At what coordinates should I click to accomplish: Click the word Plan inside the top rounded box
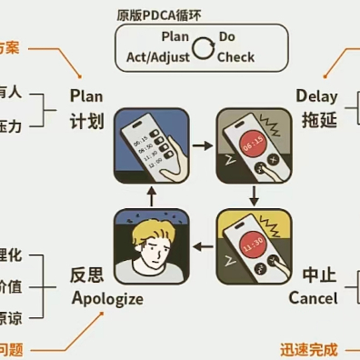175,37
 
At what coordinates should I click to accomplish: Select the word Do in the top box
227,37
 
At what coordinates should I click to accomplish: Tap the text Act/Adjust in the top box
152,57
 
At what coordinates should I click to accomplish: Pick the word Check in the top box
236,57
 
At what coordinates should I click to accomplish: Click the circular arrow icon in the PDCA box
203,48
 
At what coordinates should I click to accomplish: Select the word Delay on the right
316,96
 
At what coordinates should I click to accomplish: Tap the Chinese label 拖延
316,121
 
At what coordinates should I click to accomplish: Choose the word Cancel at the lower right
313,297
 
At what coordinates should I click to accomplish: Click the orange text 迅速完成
308,348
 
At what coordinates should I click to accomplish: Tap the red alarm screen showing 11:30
254,243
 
